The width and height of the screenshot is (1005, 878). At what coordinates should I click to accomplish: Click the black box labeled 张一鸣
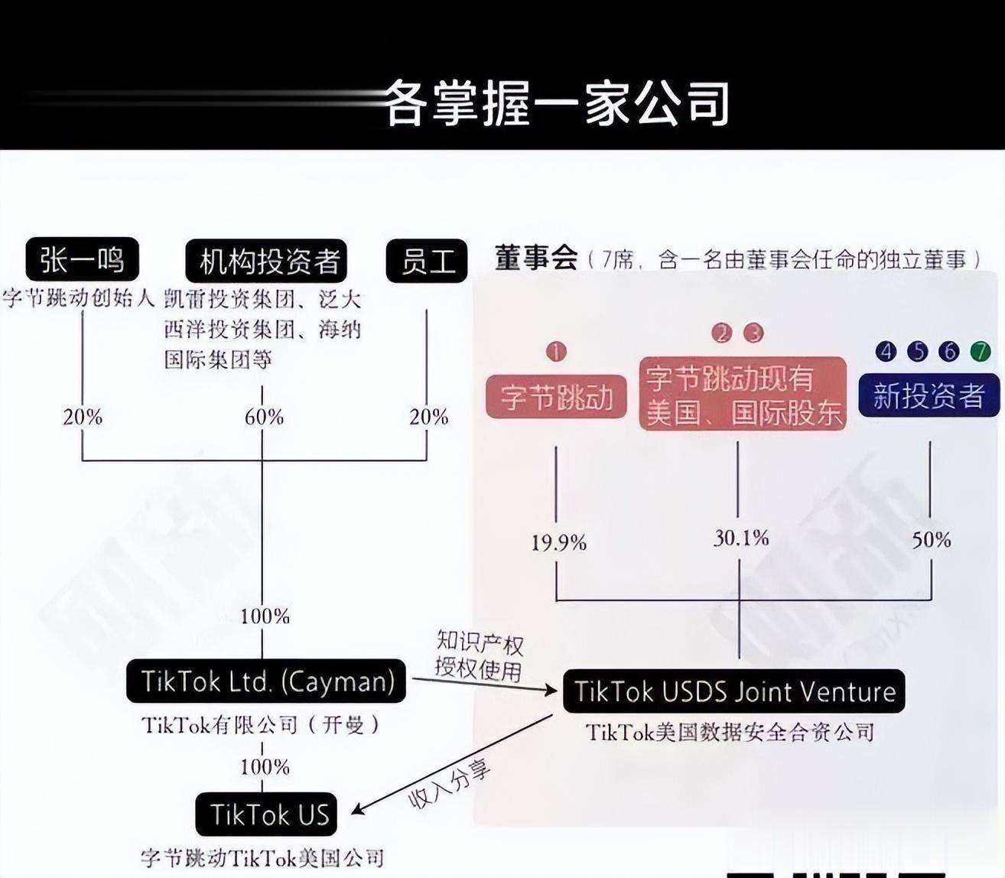83,260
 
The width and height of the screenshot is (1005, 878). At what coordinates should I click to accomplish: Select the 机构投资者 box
266,262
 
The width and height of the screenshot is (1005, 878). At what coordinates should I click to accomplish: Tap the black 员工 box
427,262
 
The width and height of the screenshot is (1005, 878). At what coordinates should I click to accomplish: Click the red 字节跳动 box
557,396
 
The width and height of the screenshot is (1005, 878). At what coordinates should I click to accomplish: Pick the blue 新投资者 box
929,395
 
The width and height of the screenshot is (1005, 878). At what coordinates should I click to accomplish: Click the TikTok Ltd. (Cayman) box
266,681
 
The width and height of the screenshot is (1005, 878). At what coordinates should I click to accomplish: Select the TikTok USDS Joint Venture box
734,691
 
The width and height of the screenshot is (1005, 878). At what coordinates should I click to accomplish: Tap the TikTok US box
267,815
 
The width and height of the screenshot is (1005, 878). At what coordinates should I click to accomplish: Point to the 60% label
264,417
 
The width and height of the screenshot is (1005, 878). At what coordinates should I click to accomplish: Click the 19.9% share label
558,542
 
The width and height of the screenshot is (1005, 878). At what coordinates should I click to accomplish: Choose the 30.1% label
740,538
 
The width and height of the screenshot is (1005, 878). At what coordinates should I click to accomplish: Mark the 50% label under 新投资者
931,540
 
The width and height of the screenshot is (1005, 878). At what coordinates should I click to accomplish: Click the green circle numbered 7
980,351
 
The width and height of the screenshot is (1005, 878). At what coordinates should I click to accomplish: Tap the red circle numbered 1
556,351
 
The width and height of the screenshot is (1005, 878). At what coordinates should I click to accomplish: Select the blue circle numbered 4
886,351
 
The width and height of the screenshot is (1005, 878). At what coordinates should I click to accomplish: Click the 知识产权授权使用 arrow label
479,655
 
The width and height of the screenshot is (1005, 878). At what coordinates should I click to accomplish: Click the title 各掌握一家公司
556,103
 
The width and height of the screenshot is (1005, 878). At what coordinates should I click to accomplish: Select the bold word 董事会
535,258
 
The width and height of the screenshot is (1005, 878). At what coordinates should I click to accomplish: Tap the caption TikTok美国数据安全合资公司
730,732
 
